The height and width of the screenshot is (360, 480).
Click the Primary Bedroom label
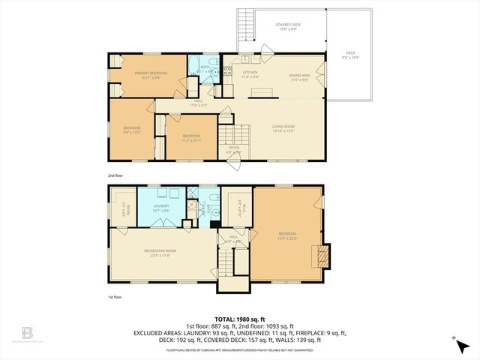coord(151,73)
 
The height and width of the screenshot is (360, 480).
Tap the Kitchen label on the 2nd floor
coord(250,73)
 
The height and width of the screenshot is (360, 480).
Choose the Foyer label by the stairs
coord(234,149)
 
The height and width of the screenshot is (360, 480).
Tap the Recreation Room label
coord(160,251)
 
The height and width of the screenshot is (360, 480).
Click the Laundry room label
coord(160,208)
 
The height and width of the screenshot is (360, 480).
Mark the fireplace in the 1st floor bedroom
coord(321,255)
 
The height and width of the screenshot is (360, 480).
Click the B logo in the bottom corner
coord(28,332)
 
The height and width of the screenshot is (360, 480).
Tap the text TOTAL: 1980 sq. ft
coord(239,317)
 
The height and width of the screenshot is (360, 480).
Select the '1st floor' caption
coord(115,297)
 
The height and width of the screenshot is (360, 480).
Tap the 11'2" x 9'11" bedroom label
coord(183,137)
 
